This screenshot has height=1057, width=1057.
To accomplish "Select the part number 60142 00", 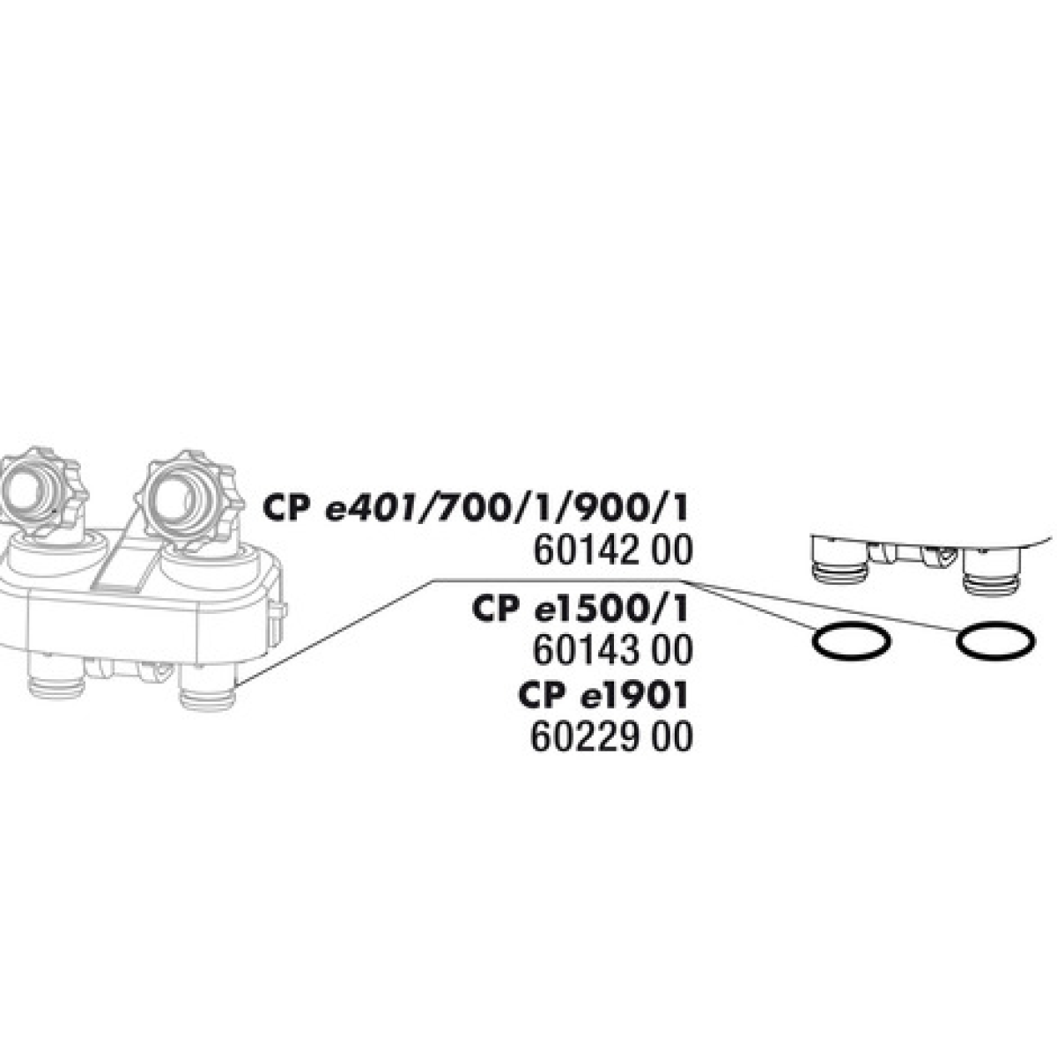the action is pyautogui.click(x=613, y=551).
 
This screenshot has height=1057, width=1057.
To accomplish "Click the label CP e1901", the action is pyautogui.click(x=602, y=696).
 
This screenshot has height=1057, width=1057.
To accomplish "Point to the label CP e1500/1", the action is pyautogui.click(x=580, y=610).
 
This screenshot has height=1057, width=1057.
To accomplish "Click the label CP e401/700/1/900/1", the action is pyautogui.click(x=475, y=510).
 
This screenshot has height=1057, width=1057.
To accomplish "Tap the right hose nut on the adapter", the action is pyautogui.click(x=189, y=499).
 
